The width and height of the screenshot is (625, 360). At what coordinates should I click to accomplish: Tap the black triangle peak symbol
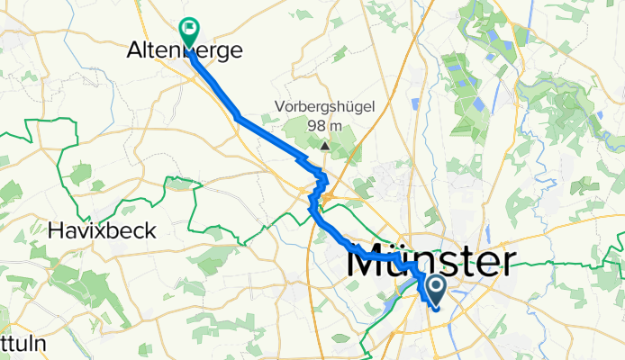tap(324, 144)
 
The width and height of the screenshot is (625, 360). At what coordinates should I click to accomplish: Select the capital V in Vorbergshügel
tap(280, 106)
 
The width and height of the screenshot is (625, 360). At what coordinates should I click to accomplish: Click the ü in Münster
tap(404, 265)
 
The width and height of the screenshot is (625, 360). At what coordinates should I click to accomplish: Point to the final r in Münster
tap(509, 265)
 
